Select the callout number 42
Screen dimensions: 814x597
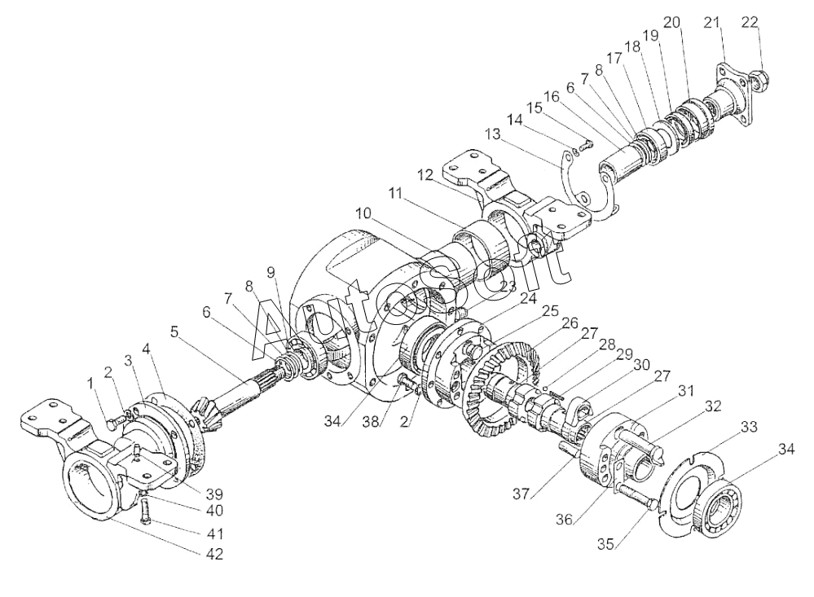(214, 554)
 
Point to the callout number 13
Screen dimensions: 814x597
(492, 134)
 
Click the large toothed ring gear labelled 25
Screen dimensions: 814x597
(499, 389)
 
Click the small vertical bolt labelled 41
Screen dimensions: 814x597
(146, 511)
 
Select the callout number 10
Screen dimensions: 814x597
(363, 213)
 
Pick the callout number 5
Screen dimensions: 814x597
(175, 331)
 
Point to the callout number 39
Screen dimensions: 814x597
(214, 494)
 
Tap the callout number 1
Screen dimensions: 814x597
(91, 383)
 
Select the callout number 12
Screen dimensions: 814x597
(425, 175)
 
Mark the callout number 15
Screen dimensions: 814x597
(535, 108)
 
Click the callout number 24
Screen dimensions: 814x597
(528, 298)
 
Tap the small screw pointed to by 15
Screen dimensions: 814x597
(587, 147)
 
